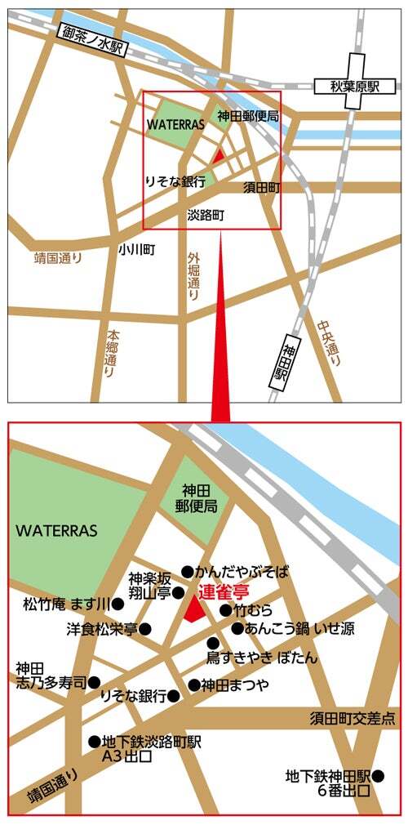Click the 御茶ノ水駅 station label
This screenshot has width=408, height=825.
(92, 41)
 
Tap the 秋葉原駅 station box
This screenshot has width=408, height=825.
(355, 85)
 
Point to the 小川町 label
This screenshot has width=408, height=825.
(136, 250)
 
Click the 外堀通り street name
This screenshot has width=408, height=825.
(193, 277)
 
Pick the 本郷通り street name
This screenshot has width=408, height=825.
(111, 354)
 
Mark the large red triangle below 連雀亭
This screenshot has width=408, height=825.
(195, 610)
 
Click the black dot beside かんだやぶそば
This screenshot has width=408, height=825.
(187, 572)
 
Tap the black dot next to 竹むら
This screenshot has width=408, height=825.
(226, 610)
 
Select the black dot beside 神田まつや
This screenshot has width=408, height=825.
(193, 685)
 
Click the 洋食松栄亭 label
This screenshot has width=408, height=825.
(102, 629)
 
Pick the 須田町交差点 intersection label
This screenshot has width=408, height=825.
(353, 718)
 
